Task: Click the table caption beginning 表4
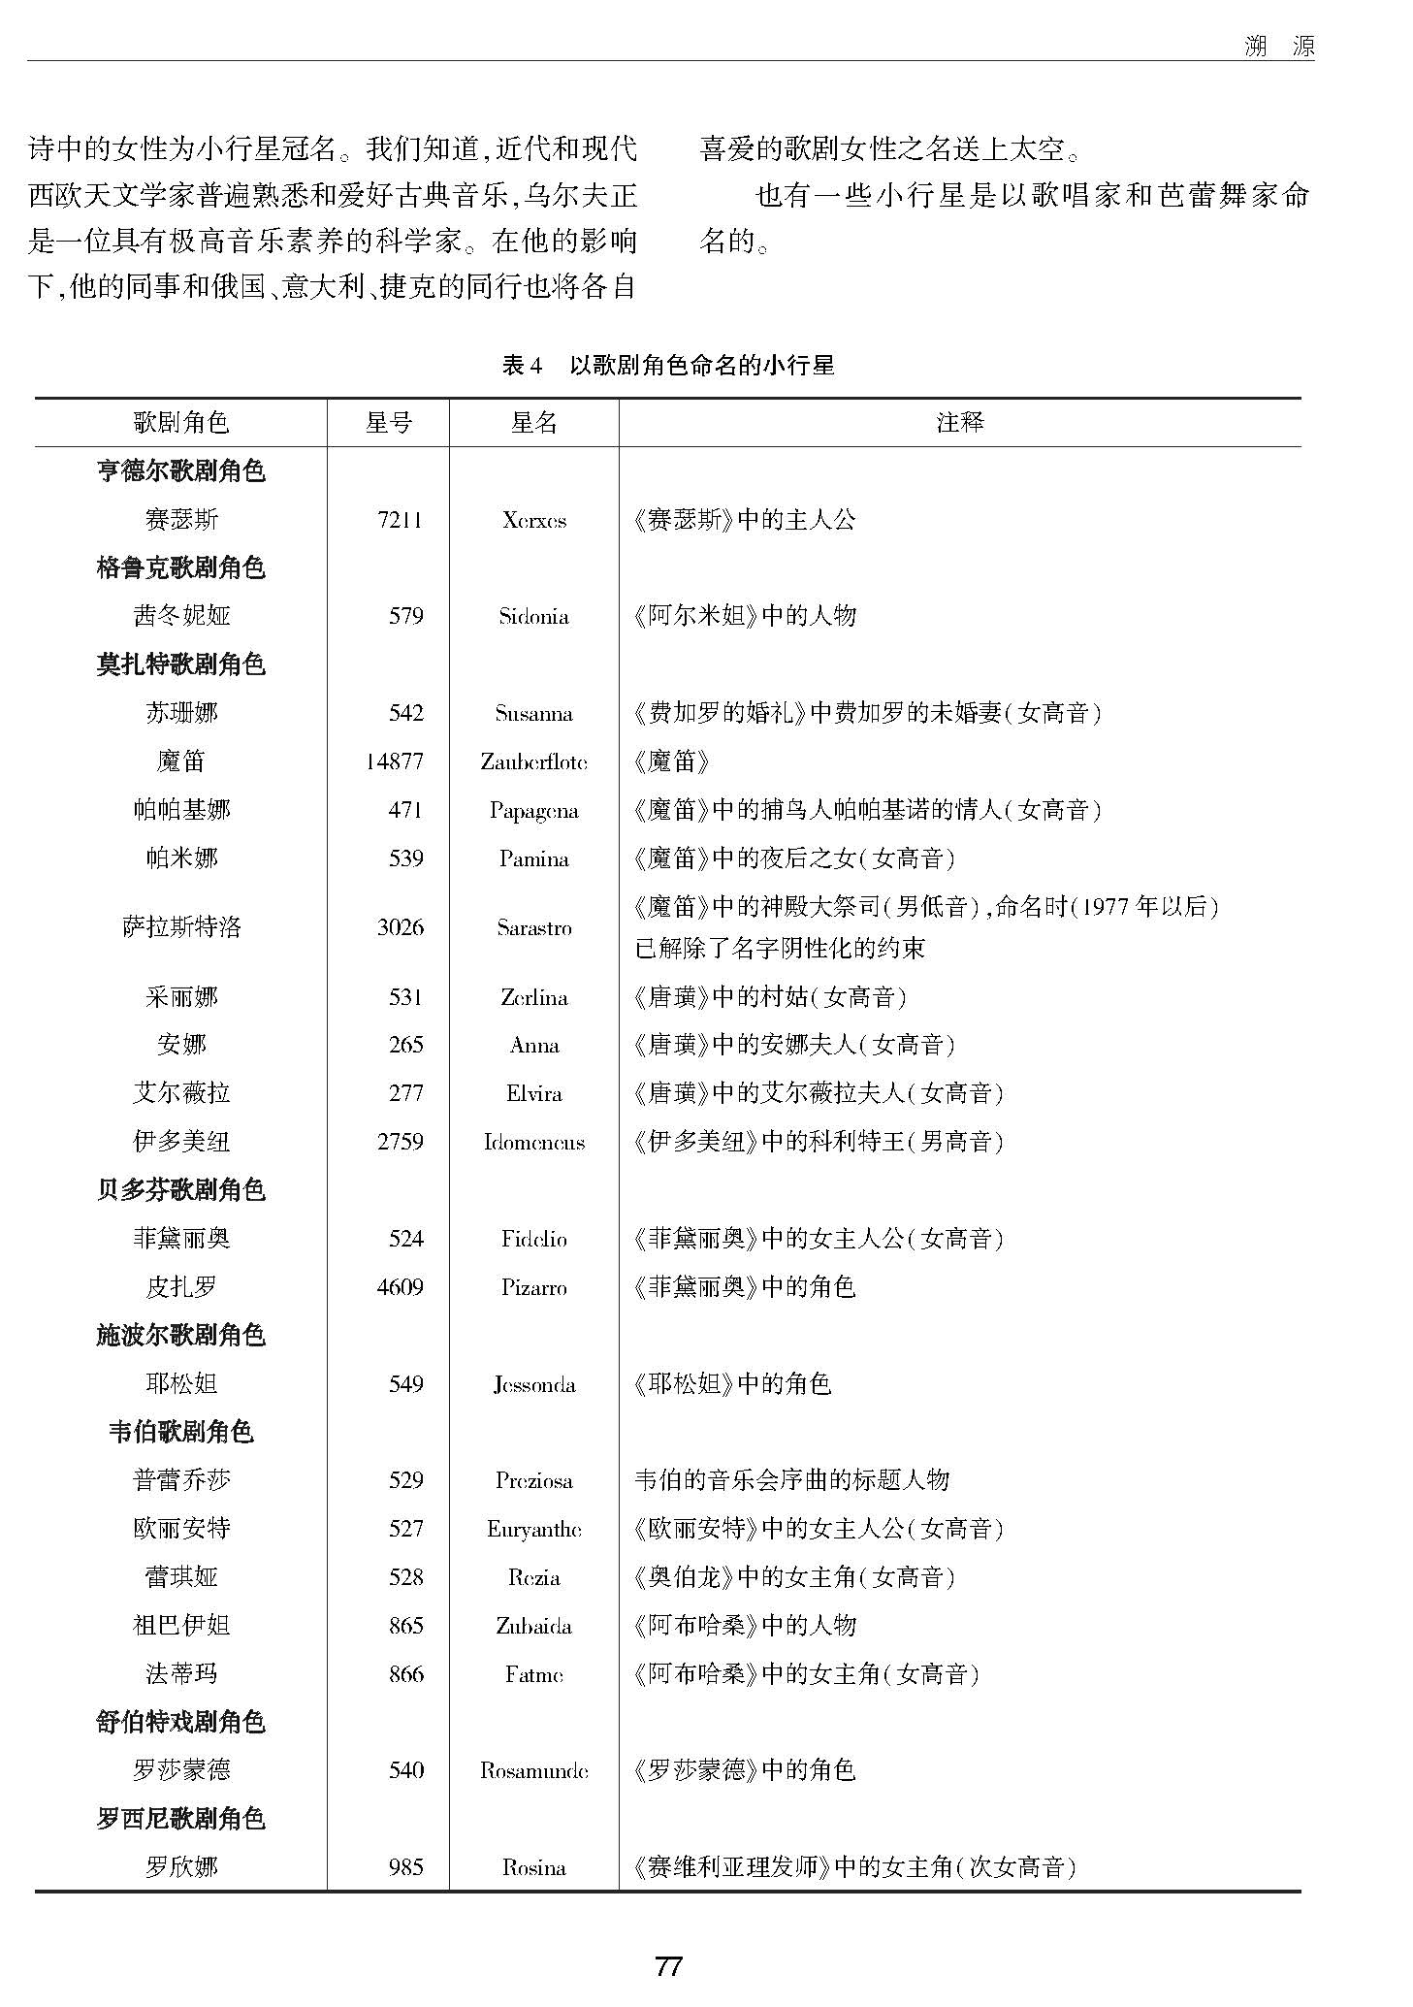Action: tap(668, 365)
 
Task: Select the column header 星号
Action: tap(388, 422)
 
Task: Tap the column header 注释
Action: tap(959, 422)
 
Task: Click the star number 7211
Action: tap(400, 520)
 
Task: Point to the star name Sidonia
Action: tap(533, 616)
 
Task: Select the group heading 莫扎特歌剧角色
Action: tap(180, 664)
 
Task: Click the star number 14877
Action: tap(394, 761)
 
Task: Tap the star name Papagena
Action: tap(533, 810)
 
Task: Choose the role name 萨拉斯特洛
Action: tap(180, 927)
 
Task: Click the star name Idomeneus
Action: tap(533, 1142)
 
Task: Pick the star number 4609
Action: tap(400, 1287)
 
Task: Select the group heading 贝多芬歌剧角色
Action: tap(180, 1190)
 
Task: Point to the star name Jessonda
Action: tap(533, 1384)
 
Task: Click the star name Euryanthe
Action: tap(533, 1529)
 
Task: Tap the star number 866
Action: tap(405, 1674)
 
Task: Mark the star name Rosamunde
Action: tap(533, 1770)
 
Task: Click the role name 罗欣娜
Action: tap(180, 1867)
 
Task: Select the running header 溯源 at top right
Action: tap(1279, 46)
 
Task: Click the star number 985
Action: tap(405, 1867)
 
